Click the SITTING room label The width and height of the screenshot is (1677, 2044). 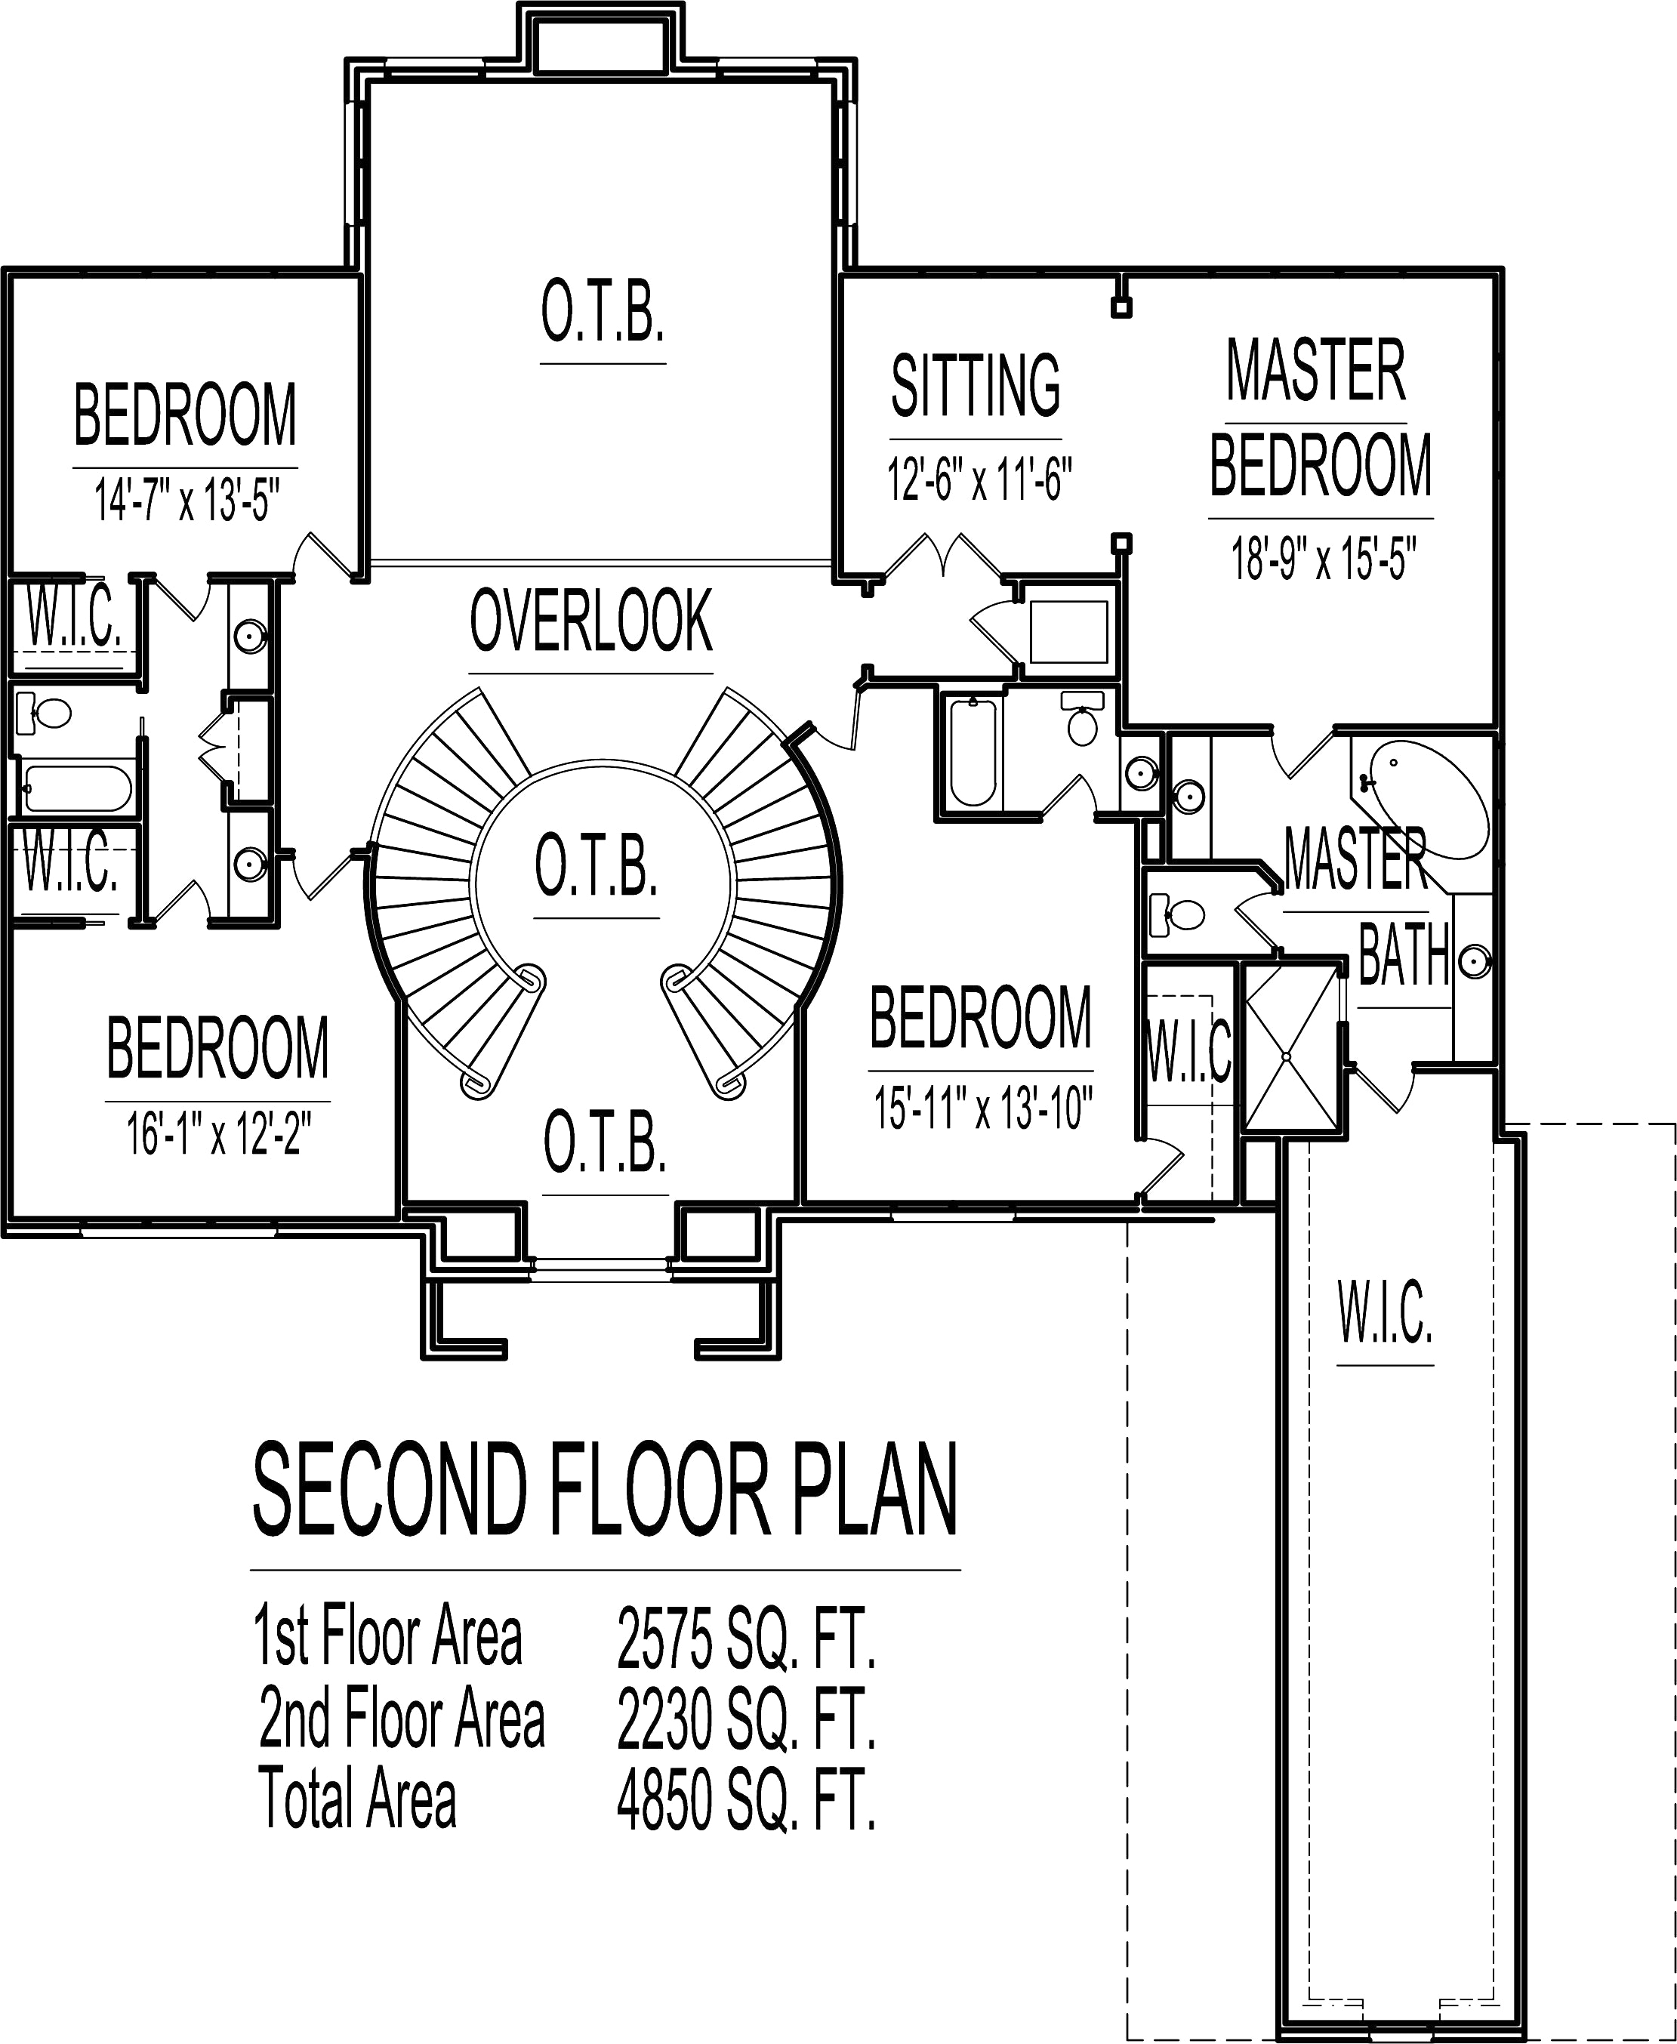click(x=976, y=385)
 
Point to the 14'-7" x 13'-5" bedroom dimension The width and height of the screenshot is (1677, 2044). click(x=187, y=501)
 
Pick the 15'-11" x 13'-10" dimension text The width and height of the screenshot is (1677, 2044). click(x=982, y=1108)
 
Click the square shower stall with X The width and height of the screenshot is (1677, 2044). click(x=1287, y=1047)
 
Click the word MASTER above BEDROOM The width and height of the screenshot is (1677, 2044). click(x=1316, y=370)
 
